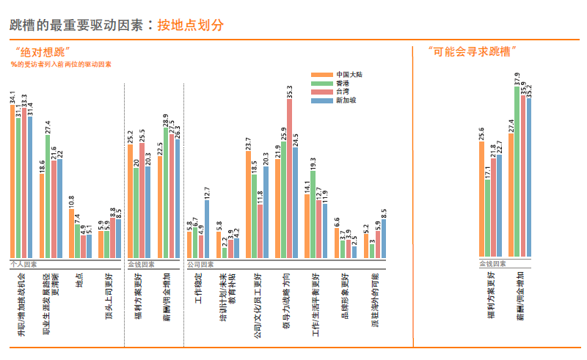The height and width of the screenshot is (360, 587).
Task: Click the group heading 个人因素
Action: pos(24,264)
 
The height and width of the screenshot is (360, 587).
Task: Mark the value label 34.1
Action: pos(12,97)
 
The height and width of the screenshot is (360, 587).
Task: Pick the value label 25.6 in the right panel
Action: pos(482,133)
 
